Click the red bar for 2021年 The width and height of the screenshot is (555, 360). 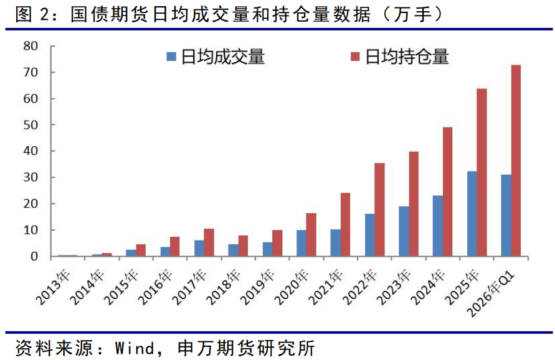[x=344, y=224]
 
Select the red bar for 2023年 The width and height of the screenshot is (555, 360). [x=413, y=204]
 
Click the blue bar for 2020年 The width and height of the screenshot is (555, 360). [x=301, y=243]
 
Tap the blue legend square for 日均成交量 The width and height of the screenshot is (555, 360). [x=171, y=58]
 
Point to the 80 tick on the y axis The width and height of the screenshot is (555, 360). [x=31, y=46]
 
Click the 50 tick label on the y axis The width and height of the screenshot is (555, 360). [x=31, y=125]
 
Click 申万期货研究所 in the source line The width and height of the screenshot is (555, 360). [x=245, y=346]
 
